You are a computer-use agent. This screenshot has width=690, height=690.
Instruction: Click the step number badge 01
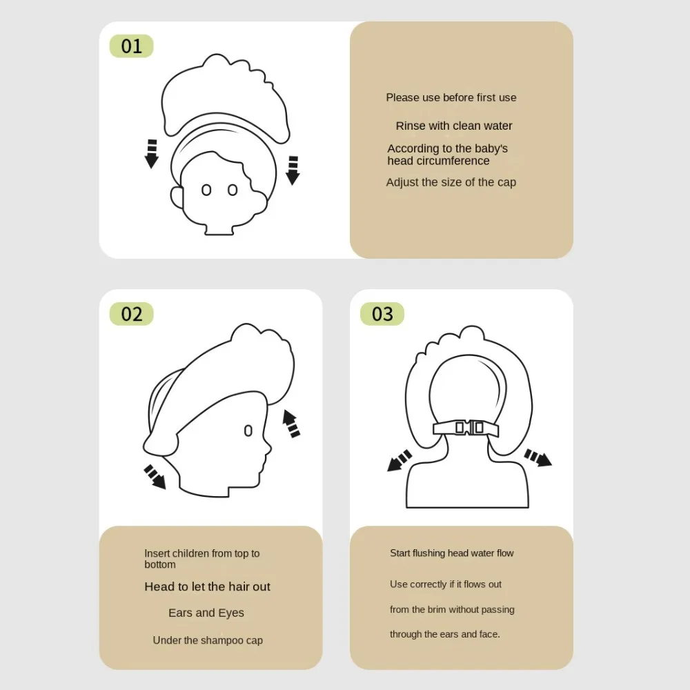pos(131,46)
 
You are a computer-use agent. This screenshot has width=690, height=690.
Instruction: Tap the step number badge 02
pos(131,314)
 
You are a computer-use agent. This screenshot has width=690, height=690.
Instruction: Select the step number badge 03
pos(382,314)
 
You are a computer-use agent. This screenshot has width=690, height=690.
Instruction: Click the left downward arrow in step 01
pos(152,154)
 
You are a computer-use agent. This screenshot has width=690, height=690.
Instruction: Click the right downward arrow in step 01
pos(293,170)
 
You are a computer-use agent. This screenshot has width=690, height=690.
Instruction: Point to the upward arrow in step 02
pos(290,423)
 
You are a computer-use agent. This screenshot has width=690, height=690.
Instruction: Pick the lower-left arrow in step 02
pos(155,477)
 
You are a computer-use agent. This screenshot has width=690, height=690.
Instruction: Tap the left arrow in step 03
pos(400,460)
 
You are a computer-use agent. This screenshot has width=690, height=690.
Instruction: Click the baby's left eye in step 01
pos(206,190)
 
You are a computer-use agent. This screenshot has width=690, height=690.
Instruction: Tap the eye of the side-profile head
pos(248,431)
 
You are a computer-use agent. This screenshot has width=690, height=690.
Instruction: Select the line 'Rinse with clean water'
pos(454,126)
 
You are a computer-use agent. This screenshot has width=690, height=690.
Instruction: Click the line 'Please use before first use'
pos(451,97)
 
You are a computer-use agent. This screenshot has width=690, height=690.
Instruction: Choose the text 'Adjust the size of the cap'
pos(451,182)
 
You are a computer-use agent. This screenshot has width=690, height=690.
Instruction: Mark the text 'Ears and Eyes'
pos(206,613)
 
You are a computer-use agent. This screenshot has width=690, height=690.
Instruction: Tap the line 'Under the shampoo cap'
pos(208,640)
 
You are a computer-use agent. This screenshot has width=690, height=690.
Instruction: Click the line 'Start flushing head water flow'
pos(452,553)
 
